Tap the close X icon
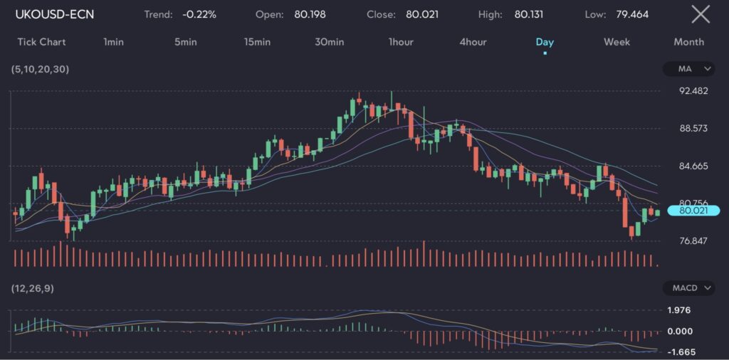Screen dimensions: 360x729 click(701, 14)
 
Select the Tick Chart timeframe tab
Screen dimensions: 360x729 click(41, 42)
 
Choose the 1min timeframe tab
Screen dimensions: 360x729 click(113, 42)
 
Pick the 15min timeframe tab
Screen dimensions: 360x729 click(257, 42)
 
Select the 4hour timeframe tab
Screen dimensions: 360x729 click(473, 42)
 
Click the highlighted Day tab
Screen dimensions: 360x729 click(545, 42)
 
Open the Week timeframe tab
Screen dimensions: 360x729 click(617, 42)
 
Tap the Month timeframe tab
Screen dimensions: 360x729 click(688, 42)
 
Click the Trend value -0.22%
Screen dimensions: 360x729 click(199, 14)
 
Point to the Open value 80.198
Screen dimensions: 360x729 click(310, 14)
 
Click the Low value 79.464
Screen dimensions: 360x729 click(632, 14)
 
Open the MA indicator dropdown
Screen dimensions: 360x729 click(688, 69)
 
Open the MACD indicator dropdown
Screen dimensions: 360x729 click(688, 288)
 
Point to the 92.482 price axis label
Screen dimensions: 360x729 click(694, 91)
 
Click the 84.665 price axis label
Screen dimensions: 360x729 click(694, 166)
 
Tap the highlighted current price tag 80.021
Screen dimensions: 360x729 click(694, 211)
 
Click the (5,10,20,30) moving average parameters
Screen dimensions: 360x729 click(40, 69)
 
